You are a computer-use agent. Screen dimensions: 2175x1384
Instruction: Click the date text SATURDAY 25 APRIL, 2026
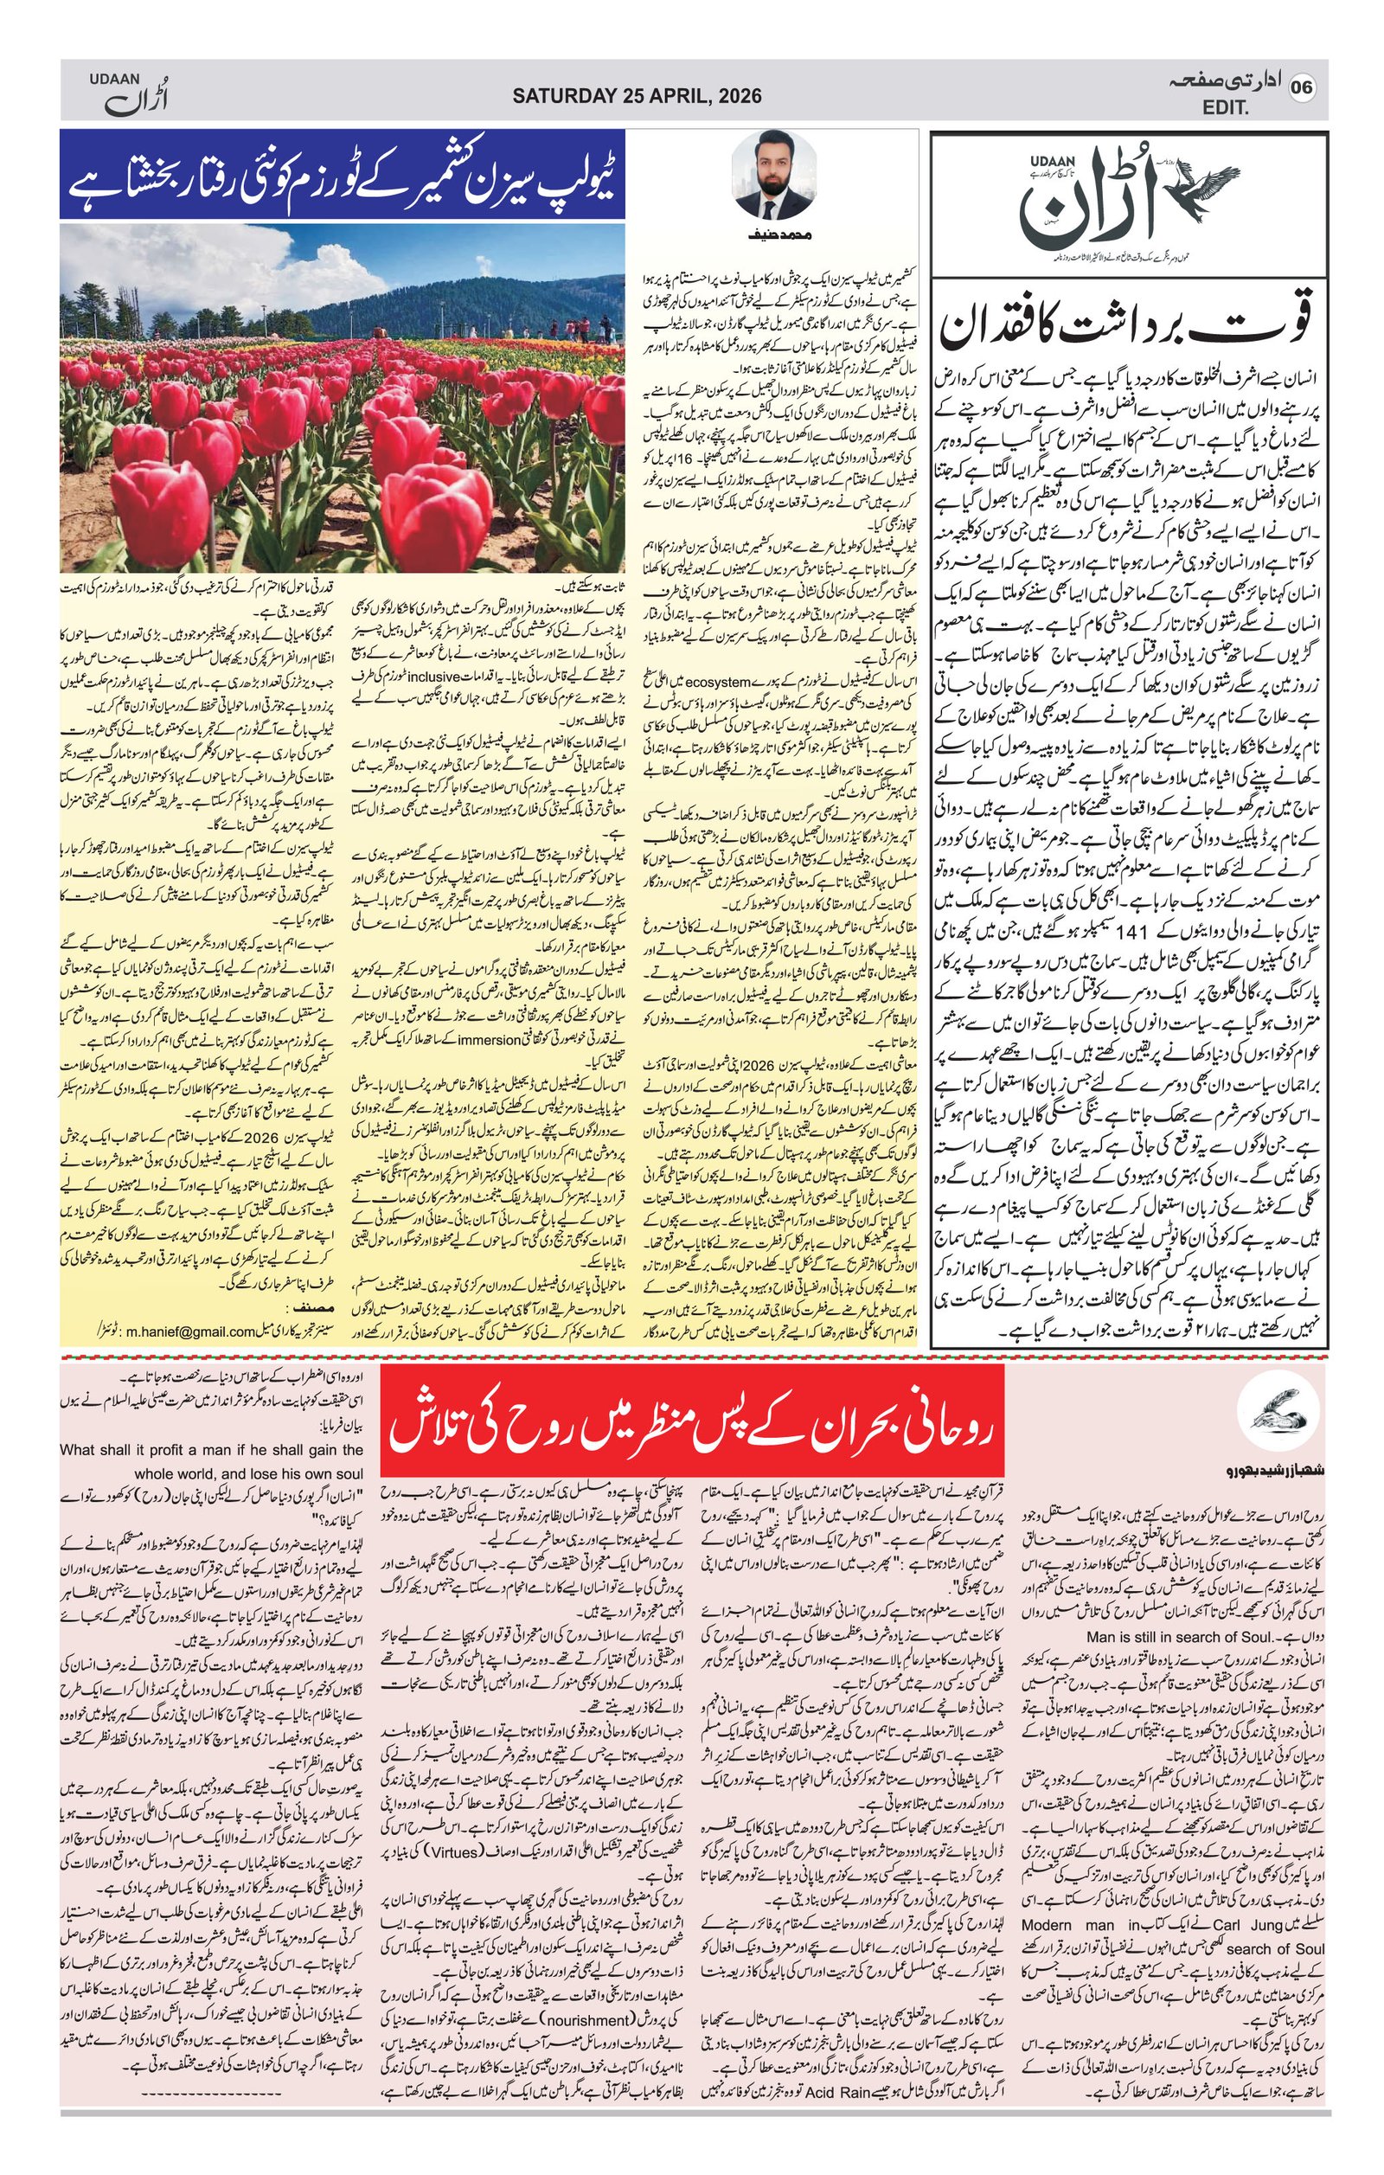(x=637, y=96)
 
